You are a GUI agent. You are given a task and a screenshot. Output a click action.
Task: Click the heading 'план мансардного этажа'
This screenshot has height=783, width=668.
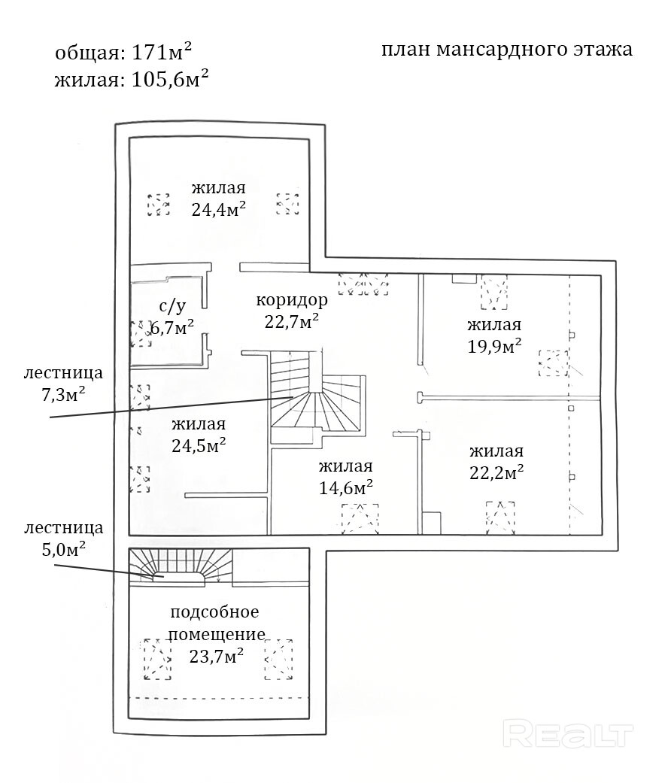(x=507, y=50)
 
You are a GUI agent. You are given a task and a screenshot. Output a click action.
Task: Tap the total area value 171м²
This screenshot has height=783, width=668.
(x=162, y=51)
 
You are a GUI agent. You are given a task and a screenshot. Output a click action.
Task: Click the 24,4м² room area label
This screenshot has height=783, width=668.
(x=218, y=209)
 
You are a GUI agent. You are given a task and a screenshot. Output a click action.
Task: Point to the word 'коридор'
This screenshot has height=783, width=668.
(x=292, y=300)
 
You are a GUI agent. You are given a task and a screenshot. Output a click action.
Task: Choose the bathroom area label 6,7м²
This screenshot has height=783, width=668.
(x=172, y=328)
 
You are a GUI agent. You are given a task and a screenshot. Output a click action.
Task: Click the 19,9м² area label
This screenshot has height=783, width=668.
(x=494, y=346)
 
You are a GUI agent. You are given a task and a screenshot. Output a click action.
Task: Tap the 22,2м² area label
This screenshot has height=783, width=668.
(x=496, y=472)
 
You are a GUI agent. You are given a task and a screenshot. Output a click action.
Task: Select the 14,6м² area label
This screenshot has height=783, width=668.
(x=346, y=487)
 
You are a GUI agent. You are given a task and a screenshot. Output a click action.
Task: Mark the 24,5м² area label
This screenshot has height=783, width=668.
(x=199, y=445)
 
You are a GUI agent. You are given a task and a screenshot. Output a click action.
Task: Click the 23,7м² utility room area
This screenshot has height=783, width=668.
(x=216, y=656)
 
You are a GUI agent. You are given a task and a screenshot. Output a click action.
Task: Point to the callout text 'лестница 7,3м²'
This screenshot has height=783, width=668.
(x=63, y=384)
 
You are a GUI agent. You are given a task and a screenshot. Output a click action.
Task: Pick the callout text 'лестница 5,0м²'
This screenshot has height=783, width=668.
(x=63, y=539)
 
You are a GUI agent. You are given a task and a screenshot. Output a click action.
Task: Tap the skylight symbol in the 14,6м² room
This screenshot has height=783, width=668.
(x=360, y=519)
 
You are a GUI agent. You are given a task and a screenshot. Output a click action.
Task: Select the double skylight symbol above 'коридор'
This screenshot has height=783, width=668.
(x=363, y=284)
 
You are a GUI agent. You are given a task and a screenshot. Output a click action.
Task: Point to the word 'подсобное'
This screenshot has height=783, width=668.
(x=214, y=612)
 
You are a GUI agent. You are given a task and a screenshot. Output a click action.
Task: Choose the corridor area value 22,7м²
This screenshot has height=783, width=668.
(x=292, y=322)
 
